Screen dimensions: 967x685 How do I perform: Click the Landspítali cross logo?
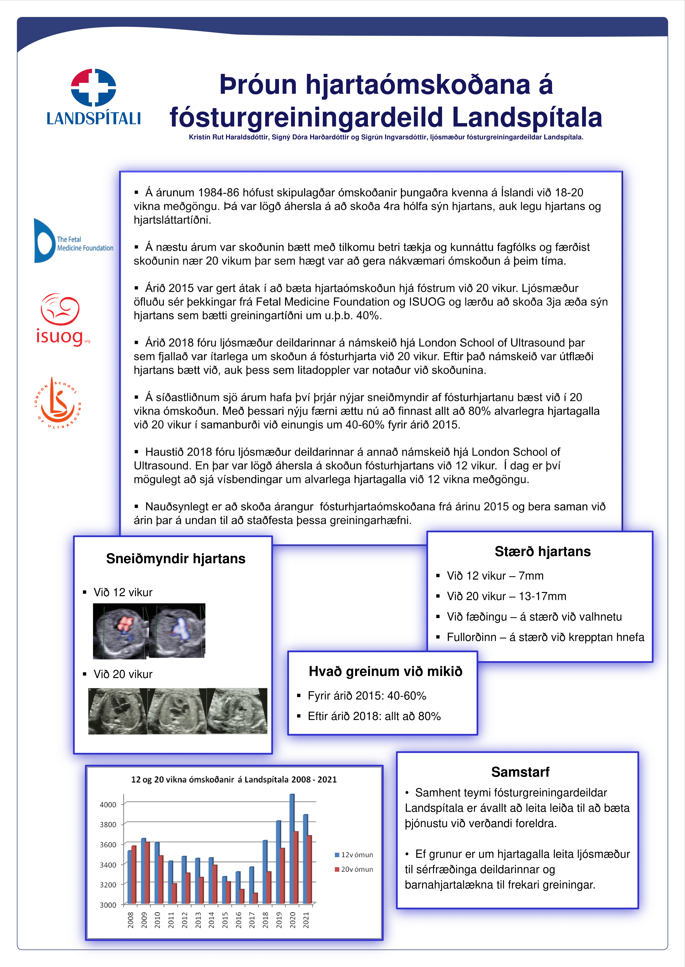(93, 87)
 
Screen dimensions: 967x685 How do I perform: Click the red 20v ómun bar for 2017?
(255, 898)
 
